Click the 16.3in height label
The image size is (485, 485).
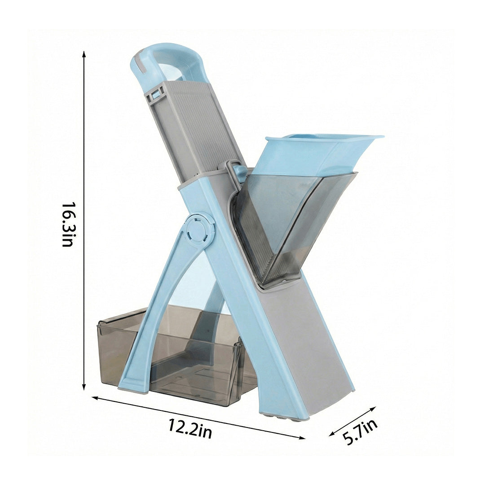click(68, 225)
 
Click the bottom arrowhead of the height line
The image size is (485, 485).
click(84, 387)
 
